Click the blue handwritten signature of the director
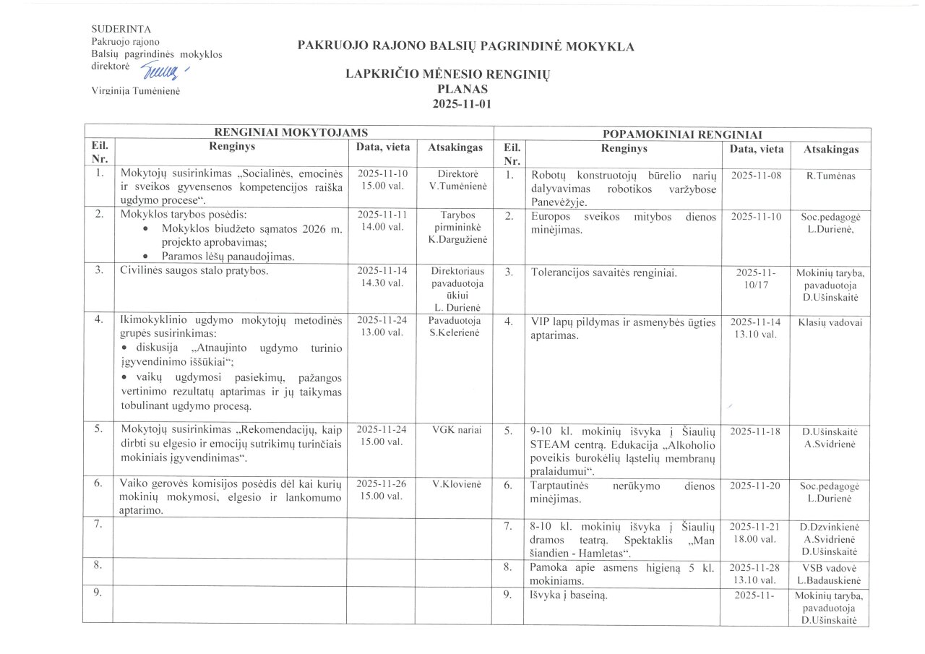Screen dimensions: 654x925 point(163,69)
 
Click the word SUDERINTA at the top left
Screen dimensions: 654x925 point(121,29)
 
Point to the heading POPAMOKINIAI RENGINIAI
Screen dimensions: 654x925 point(681,134)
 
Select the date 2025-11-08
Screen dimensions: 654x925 point(756,176)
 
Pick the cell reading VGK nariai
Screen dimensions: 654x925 point(454,430)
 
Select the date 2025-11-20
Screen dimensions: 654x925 point(756,486)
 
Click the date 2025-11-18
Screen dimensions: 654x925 point(756,431)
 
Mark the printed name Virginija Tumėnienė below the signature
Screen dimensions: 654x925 point(135,90)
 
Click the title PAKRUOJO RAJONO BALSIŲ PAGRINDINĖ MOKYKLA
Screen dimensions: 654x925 point(465,47)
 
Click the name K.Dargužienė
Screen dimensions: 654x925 point(454,239)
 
